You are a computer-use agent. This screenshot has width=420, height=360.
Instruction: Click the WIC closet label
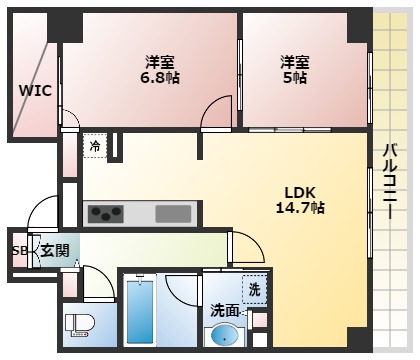point(34,90)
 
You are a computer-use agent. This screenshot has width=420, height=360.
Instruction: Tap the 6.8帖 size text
point(160,77)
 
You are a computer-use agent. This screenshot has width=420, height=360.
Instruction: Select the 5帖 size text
point(296,77)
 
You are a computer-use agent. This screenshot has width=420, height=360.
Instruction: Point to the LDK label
point(301,192)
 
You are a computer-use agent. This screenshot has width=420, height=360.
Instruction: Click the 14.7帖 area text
point(301,208)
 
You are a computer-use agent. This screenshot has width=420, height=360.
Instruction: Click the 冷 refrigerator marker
point(95,146)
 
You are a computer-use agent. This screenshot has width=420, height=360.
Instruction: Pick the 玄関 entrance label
point(54,251)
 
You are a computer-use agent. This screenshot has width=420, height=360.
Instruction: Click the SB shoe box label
point(19,251)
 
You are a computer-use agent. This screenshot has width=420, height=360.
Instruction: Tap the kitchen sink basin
point(173,212)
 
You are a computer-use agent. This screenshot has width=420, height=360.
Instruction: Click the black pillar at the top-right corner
point(358,24)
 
